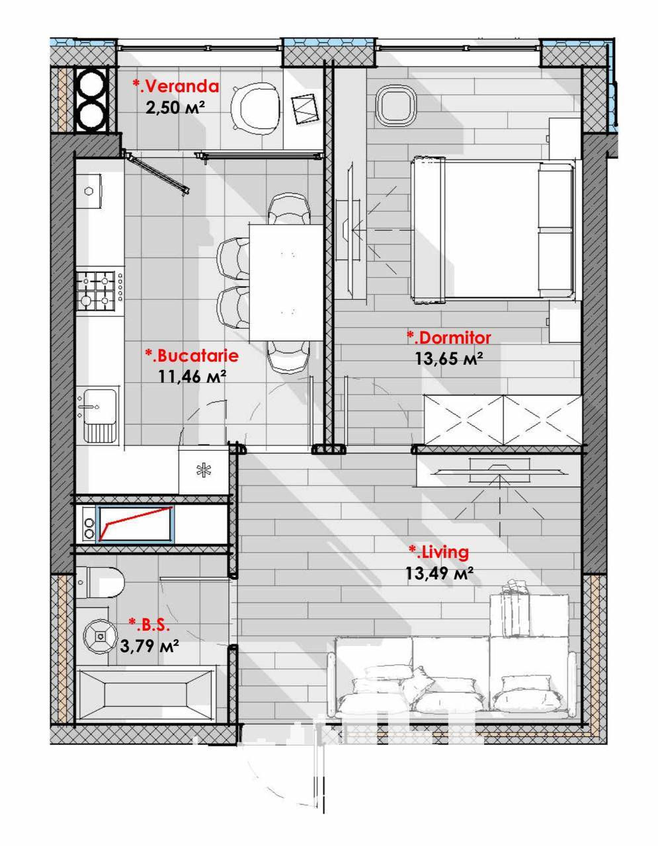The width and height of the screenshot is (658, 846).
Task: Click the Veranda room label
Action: click(x=176, y=86)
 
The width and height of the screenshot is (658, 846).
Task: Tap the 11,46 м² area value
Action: click(x=192, y=376)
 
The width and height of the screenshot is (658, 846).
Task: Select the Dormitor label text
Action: click(x=449, y=338)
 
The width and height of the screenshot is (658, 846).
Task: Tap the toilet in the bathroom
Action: click(x=100, y=582)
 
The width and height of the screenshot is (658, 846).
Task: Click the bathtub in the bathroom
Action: click(x=146, y=694)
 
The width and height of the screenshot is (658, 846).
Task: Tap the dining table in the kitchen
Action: click(x=286, y=282)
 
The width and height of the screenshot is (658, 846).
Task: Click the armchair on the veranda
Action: click(x=255, y=106)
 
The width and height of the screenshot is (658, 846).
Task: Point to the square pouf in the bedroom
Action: click(x=396, y=105)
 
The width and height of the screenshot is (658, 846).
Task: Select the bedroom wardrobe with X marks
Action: click(x=503, y=420)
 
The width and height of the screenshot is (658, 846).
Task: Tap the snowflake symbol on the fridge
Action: click(x=204, y=470)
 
